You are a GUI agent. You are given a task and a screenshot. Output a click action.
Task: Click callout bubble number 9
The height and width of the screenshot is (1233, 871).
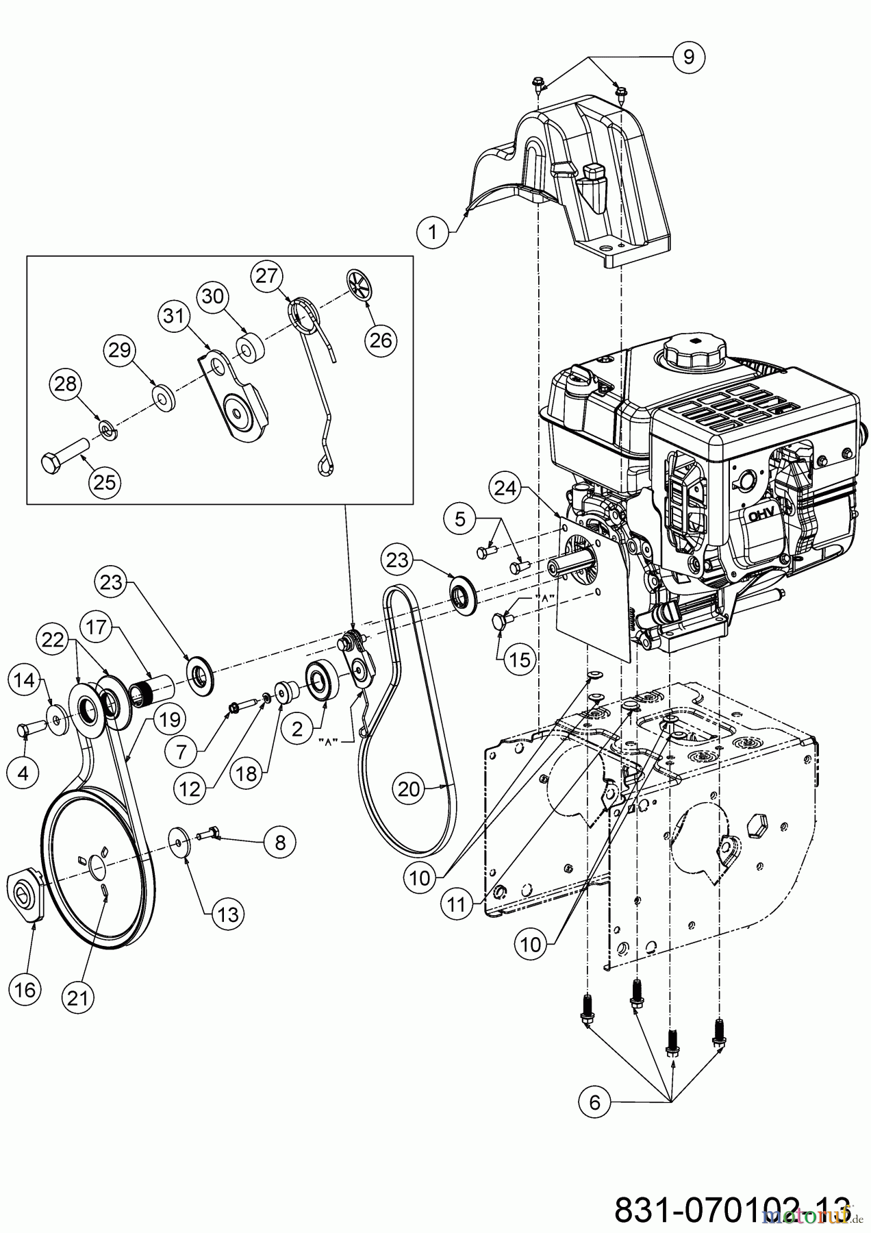pyautogui.click(x=689, y=57)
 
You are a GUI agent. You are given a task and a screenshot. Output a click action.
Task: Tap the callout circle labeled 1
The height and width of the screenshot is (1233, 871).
pyautogui.click(x=432, y=232)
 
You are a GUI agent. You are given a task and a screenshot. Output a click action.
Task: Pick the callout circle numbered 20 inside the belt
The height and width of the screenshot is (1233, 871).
pyautogui.click(x=409, y=789)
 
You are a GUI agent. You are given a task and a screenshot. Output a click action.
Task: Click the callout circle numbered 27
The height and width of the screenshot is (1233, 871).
pyautogui.click(x=268, y=275)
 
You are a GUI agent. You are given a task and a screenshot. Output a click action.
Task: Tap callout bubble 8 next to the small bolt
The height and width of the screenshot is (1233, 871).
pyautogui.click(x=279, y=841)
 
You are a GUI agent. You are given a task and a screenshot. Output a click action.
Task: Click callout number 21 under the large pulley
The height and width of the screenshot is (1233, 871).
pyautogui.click(x=78, y=998)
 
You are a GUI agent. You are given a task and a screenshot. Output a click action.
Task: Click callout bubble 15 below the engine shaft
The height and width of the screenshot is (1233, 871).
pyautogui.click(x=522, y=659)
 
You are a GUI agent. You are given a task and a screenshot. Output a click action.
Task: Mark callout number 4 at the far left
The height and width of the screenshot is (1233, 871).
pyautogui.click(x=24, y=773)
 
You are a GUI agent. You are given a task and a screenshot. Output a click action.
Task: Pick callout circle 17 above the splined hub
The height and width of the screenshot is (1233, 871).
pyautogui.click(x=97, y=627)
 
